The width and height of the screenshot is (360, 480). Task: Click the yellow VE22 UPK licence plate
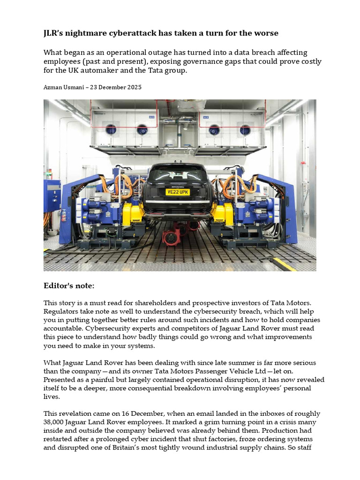pyautogui.click(x=178, y=192)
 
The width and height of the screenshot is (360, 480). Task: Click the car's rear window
pyautogui.click(x=178, y=174)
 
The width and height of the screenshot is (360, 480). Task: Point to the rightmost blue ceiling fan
pyautogui.click(x=243, y=129)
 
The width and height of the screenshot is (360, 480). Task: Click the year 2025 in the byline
pyautogui.click(x=132, y=87)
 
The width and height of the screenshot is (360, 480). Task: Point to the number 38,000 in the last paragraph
pyautogui.click(x=56, y=422)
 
